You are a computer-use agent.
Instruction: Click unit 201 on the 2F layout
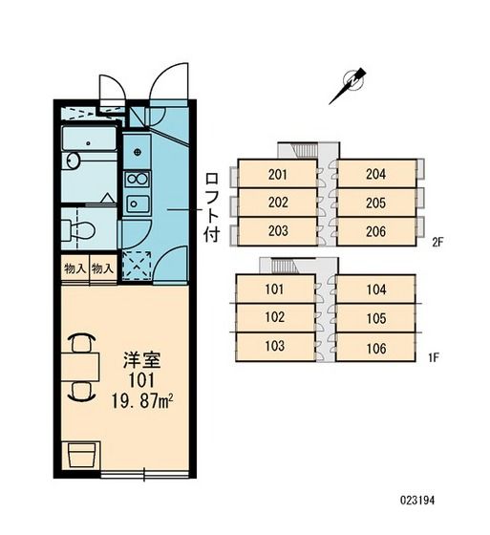click(x=277, y=174)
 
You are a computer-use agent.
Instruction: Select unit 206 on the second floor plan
click(x=376, y=231)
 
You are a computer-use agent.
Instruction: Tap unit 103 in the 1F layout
click(x=275, y=346)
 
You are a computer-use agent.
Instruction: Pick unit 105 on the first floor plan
click(x=376, y=318)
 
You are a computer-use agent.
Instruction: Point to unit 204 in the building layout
click(x=376, y=174)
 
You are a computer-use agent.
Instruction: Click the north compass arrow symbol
click(x=349, y=85)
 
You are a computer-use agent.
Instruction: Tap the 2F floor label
click(x=437, y=243)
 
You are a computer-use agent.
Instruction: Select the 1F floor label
click(x=433, y=357)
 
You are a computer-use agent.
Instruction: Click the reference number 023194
click(x=417, y=501)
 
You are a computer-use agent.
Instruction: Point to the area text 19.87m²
click(x=141, y=401)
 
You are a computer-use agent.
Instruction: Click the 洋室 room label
click(x=141, y=360)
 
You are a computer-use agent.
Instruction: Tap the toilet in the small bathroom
click(x=77, y=230)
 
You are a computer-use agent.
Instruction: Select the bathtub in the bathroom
click(x=90, y=139)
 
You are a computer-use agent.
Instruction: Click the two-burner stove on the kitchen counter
click(x=138, y=179)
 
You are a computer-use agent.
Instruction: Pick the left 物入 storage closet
click(x=75, y=268)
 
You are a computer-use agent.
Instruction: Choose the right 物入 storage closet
click(x=103, y=268)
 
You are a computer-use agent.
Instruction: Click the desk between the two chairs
click(x=80, y=367)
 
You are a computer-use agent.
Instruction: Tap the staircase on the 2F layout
click(x=306, y=150)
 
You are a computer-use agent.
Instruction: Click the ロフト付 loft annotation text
click(x=211, y=207)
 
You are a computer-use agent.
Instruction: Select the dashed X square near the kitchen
click(x=137, y=266)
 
